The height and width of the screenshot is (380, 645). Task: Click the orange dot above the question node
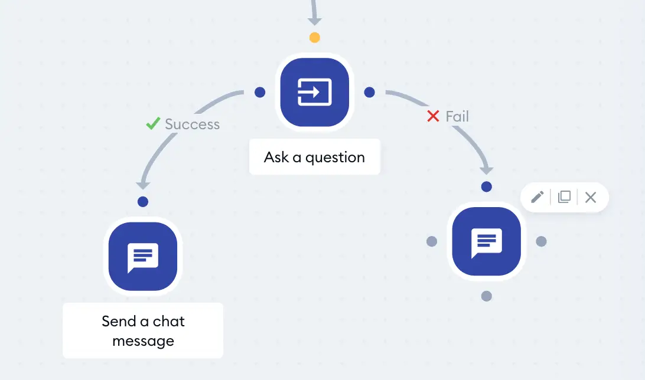[x=315, y=38]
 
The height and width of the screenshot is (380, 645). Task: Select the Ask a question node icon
[x=315, y=92]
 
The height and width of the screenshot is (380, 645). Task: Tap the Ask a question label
[x=315, y=157]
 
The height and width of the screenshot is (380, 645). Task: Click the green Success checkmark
[x=153, y=123]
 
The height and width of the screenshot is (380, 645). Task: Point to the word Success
[x=193, y=124]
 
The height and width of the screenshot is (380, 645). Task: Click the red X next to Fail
[x=433, y=116]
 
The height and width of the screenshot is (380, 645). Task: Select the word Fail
[x=457, y=116]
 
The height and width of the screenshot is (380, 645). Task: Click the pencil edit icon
[x=537, y=197]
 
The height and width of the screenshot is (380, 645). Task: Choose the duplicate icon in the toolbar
[x=565, y=197]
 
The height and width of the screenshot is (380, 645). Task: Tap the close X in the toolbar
[x=591, y=197]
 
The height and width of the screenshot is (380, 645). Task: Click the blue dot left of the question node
[x=260, y=92]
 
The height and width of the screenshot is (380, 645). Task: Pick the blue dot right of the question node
[x=369, y=92]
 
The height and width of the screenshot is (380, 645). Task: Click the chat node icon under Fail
[x=486, y=241]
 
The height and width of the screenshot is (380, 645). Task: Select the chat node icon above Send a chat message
[x=143, y=256]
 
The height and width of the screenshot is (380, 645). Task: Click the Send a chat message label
[x=143, y=330]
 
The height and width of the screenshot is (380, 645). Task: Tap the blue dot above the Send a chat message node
[x=143, y=202]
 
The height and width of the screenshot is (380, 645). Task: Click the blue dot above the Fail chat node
[x=487, y=186]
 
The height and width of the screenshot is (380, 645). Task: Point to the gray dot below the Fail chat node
[x=487, y=296]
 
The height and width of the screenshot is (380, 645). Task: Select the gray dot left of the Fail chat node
[x=432, y=241]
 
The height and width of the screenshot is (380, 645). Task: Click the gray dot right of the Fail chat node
[x=541, y=241]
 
